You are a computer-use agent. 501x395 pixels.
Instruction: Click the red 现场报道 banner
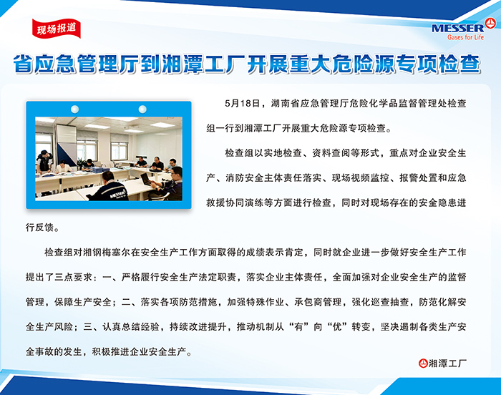click(57, 29)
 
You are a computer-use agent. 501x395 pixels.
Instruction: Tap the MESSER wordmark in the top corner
click(457, 29)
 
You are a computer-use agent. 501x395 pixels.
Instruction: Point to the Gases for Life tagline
click(465, 37)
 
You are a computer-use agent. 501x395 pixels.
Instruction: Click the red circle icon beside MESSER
click(490, 24)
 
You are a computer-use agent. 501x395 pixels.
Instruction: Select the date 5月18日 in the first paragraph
click(242, 104)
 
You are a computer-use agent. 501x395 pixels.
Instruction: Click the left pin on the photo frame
click(74, 109)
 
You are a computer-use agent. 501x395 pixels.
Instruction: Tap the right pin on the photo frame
click(142, 109)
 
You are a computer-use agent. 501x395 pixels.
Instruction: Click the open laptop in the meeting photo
click(146, 178)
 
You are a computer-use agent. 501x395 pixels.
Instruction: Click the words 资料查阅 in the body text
click(331, 153)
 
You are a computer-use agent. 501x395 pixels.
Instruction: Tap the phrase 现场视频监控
click(360, 178)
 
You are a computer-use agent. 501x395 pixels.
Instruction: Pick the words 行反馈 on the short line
click(39, 228)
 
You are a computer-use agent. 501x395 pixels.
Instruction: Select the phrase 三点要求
click(73, 277)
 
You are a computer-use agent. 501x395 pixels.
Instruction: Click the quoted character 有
click(299, 327)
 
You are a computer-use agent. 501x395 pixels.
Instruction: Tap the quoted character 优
click(337, 327)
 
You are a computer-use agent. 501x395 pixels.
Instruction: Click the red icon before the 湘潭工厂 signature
click(423, 364)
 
